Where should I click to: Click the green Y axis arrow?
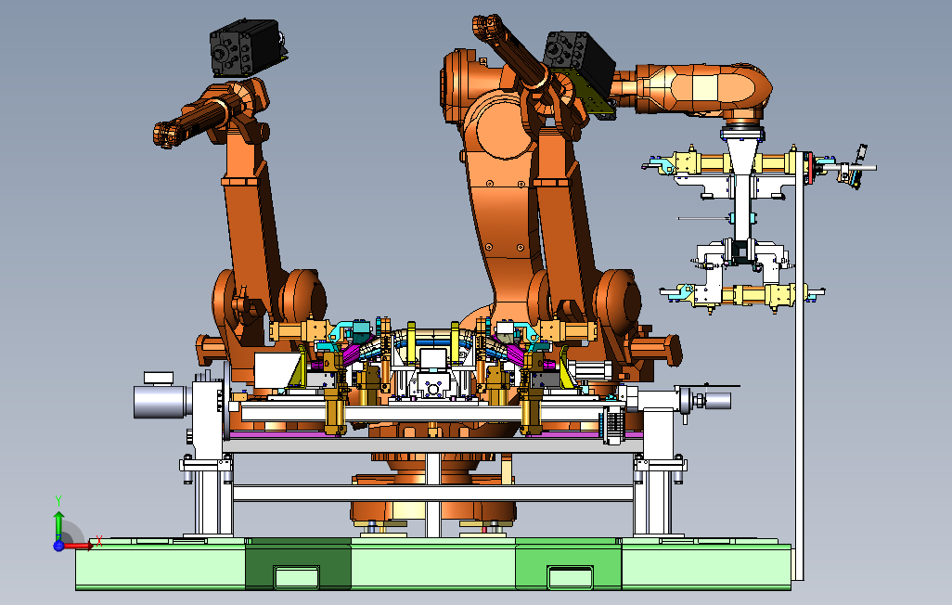pyautogui.click(x=58, y=524)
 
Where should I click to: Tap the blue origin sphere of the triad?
pyautogui.click(x=58, y=546)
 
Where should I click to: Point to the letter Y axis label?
pyautogui.click(x=58, y=500)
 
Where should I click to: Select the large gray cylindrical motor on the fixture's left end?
pyautogui.click(x=159, y=402)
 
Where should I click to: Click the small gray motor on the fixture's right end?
pyautogui.click(x=716, y=400)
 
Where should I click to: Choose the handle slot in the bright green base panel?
pyautogui.click(x=570, y=576)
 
